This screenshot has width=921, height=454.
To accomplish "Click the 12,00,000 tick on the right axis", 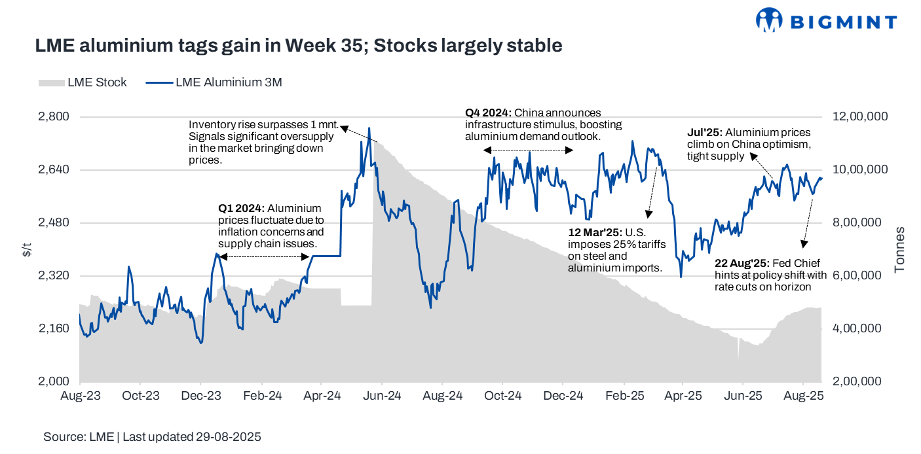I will (860, 116).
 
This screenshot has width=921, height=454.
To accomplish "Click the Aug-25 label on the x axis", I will (803, 396).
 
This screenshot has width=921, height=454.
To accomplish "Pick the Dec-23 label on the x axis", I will (200, 396).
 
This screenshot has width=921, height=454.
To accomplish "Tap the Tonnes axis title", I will (900, 249).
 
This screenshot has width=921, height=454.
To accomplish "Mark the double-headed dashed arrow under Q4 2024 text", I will (528, 150).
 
